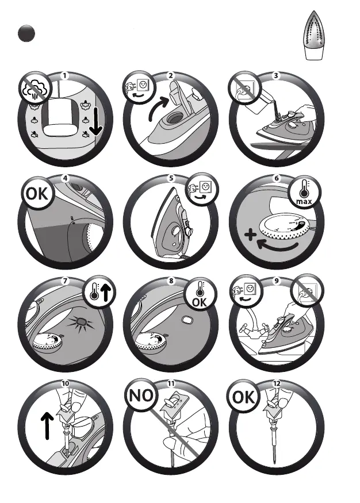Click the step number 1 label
(x=65, y=76)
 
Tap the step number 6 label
(x=277, y=178)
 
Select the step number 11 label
(x=171, y=383)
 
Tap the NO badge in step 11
(x=141, y=396)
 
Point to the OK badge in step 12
(x=243, y=397)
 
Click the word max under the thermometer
(x=304, y=201)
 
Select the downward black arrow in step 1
(x=95, y=122)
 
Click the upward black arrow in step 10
(x=47, y=426)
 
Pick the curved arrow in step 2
(x=156, y=107)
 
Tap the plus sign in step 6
(x=250, y=235)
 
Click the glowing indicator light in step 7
(x=80, y=322)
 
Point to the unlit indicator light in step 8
(x=186, y=320)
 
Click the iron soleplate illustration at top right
(x=314, y=35)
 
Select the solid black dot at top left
(x=26, y=33)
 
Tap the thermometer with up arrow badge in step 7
(x=99, y=291)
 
